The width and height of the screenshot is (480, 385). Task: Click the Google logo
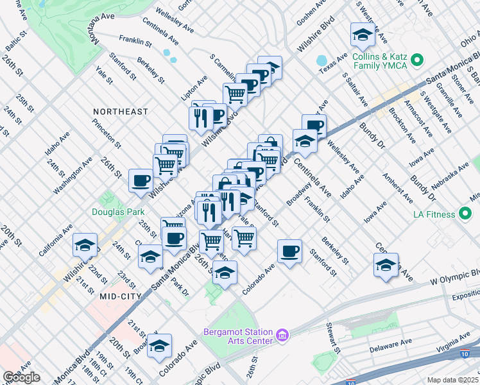point(21,377)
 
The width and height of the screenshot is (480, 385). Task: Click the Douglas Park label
point(117,212)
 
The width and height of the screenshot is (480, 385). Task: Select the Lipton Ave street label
point(194,88)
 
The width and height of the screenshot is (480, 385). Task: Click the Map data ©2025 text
point(452,380)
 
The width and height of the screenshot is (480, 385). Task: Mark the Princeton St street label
point(107,130)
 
